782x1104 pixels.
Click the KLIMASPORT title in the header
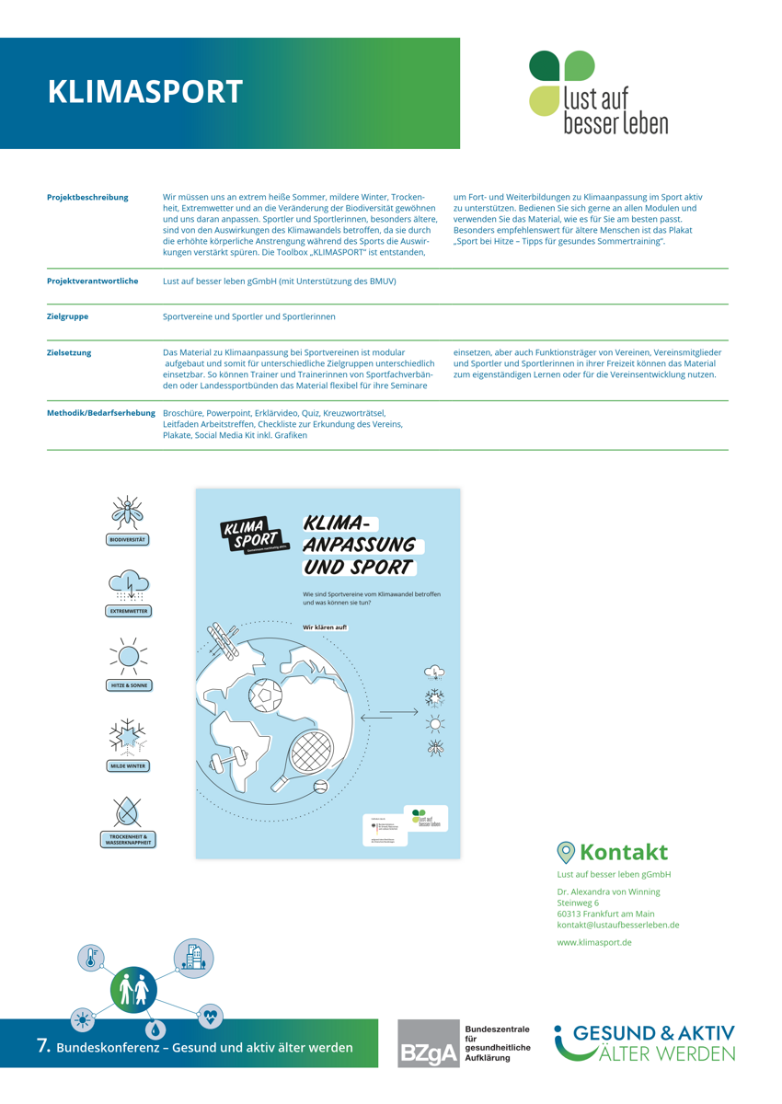144,92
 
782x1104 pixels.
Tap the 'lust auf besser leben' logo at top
598,93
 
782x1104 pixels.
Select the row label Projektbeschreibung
87,198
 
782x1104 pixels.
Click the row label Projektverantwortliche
92,281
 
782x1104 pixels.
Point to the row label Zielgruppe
68,316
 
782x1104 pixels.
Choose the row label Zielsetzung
69,352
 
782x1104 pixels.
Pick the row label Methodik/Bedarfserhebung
100,413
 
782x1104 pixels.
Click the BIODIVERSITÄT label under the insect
128,540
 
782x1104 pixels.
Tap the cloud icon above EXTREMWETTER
128,584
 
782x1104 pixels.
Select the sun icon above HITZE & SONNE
128,656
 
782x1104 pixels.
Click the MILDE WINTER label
128,765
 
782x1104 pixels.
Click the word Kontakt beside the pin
623,852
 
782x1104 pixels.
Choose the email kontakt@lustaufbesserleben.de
617,925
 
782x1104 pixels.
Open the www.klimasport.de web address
593,942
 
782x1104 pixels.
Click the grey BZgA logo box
427,1043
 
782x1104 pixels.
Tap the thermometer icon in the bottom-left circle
91,958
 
